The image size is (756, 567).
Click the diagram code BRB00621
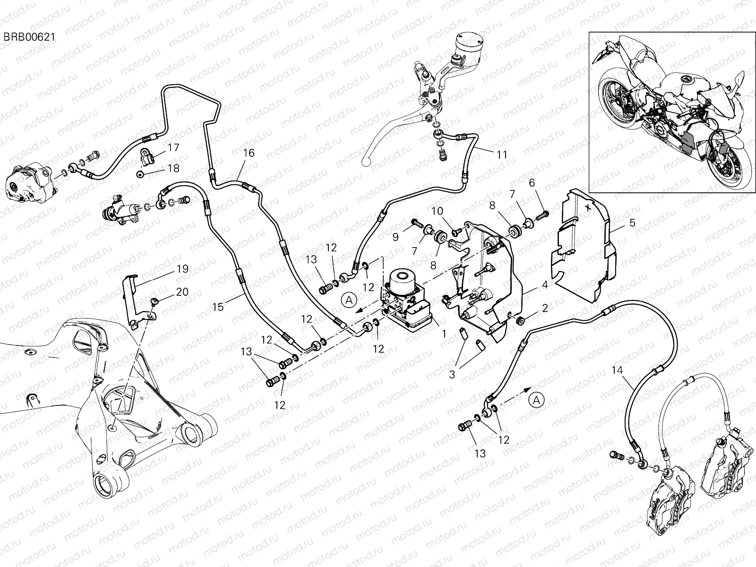click(28, 37)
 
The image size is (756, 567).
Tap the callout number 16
click(249, 153)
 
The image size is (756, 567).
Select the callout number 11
click(501, 155)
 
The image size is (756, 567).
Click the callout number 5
click(632, 222)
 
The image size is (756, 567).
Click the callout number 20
click(182, 292)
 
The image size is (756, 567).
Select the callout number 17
click(173, 147)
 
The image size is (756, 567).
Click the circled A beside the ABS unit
click(349, 299)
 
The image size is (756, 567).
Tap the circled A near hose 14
click(537, 400)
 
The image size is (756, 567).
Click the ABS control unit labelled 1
click(406, 298)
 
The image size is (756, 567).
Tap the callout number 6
click(532, 183)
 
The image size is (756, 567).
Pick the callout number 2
click(545, 309)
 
